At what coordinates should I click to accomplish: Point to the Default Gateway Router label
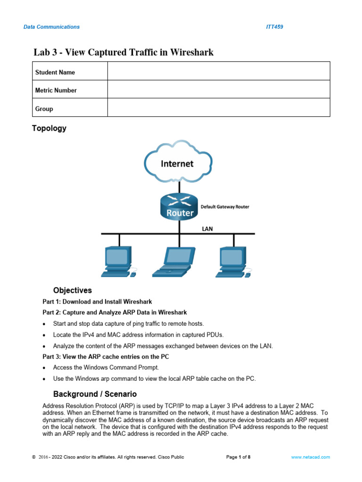(x=225, y=207)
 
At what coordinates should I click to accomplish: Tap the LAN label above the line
(x=207, y=228)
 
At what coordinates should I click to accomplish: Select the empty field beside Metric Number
(x=219, y=89)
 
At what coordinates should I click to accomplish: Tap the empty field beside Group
(x=219, y=108)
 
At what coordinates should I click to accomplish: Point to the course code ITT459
(x=274, y=27)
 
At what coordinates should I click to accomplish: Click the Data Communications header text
(x=51, y=27)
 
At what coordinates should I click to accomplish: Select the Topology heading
(x=49, y=129)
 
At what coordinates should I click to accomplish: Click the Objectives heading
(x=73, y=290)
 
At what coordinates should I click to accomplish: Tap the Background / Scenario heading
(x=95, y=394)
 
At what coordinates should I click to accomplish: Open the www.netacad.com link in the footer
(x=310, y=457)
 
